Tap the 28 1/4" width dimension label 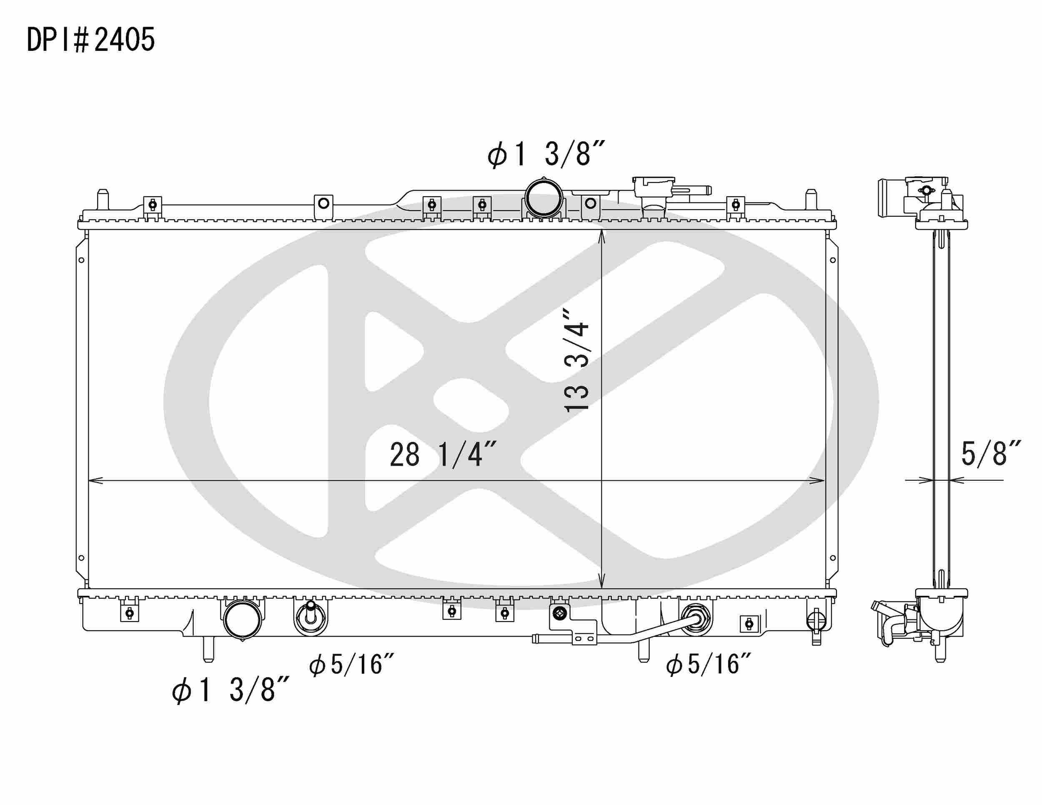(x=443, y=454)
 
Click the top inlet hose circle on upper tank (x=544, y=198)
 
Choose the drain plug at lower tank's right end (x=815, y=621)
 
